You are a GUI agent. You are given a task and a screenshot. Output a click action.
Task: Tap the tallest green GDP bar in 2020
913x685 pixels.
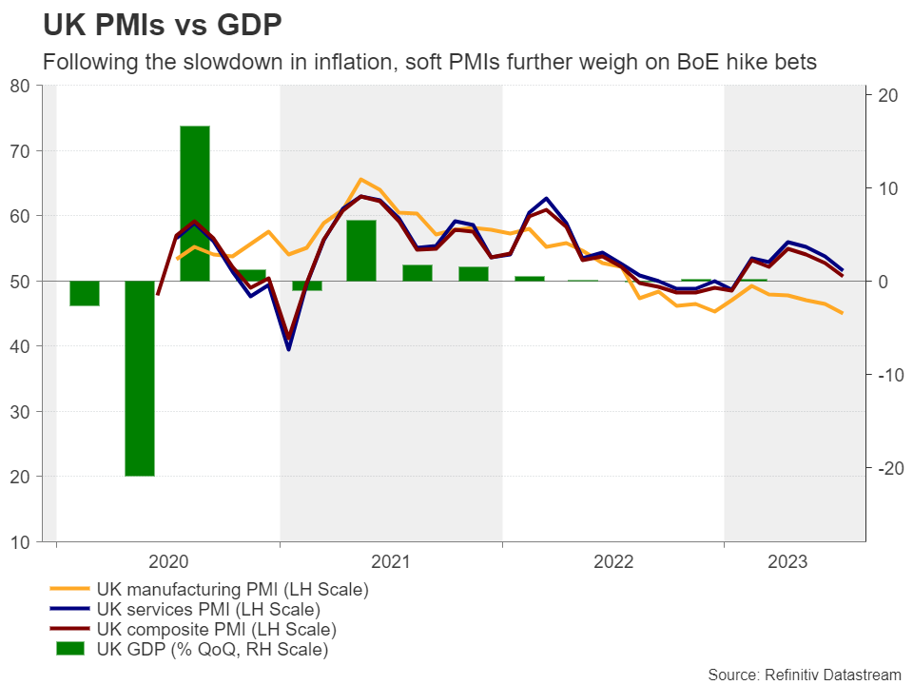tap(195, 203)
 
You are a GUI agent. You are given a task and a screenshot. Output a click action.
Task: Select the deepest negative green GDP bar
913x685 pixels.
tap(140, 378)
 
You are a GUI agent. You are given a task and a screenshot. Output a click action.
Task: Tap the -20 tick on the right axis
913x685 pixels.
tap(886, 467)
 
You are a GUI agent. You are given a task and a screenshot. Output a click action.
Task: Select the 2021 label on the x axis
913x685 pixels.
tap(391, 562)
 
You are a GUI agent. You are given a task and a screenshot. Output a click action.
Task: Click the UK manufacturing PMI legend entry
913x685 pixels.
tap(232, 589)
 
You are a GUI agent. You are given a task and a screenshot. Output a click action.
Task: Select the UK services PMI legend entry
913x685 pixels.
tap(207, 609)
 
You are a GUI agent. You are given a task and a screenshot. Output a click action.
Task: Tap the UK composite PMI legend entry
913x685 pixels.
tap(216, 630)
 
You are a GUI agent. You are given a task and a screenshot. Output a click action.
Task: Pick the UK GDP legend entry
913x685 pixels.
tap(211, 650)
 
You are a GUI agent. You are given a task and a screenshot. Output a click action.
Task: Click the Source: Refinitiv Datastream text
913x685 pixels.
tap(805, 674)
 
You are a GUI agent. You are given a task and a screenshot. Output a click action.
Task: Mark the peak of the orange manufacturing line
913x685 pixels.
tap(361, 179)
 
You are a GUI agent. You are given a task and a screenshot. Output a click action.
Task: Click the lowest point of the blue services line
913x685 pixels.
tap(288, 349)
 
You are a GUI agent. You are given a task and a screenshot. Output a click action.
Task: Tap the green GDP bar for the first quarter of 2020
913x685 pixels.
tap(85, 293)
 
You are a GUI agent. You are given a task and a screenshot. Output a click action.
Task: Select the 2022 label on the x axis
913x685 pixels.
tap(613, 562)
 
